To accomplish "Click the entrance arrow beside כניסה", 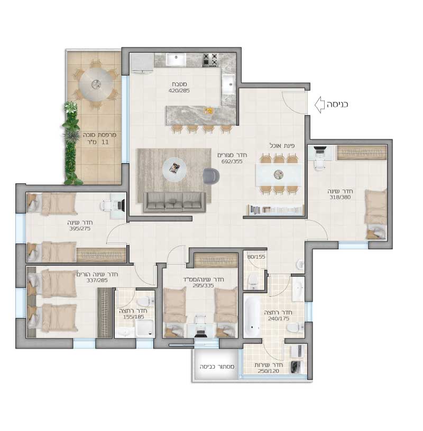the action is [319, 105].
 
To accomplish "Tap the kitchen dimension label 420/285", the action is [179, 90].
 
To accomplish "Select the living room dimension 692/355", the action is [232, 161].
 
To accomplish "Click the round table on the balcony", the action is [96, 84].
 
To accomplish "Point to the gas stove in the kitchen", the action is [210, 60].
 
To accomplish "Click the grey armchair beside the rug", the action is [211, 176].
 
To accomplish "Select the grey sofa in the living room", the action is [174, 202].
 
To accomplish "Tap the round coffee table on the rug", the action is [174, 169].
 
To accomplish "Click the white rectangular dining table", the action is [279, 174].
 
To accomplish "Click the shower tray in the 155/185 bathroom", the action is [145, 329].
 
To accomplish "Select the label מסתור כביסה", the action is [217, 367].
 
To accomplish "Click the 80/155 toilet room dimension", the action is [256, 257].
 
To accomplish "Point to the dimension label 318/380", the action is [340, 197].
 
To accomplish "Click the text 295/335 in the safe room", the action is [204, 286].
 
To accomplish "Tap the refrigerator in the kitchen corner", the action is [142, 63].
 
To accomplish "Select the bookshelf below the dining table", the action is [275, 210].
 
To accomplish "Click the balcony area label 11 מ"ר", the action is [97, 142].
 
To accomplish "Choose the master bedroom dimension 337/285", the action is [97, 280].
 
